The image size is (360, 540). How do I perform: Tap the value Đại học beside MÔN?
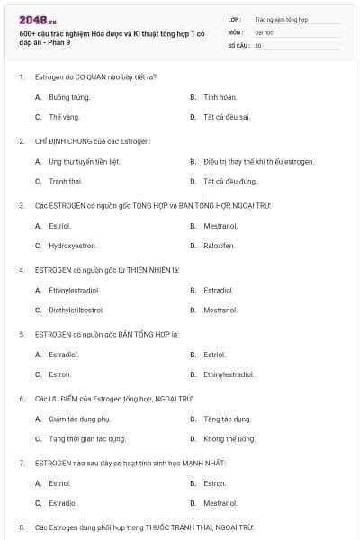pos(264,31)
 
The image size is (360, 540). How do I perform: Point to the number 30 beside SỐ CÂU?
pos(258,45)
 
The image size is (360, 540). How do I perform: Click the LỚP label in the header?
pos(235,18)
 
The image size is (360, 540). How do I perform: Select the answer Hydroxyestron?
pos(73,246)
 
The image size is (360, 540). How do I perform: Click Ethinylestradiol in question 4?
pos(74,290)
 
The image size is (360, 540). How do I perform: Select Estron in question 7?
pos(214,482)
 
